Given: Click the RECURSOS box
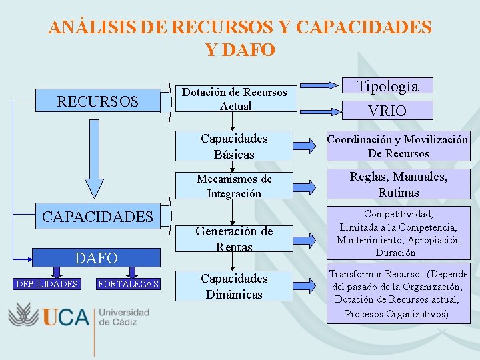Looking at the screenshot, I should click(97, 101).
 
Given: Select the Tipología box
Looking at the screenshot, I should click(387, 86).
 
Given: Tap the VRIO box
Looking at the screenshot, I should click(387, 111).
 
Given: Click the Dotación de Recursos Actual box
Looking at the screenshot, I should click(235, 99).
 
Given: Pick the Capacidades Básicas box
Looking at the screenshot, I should click(234, 146).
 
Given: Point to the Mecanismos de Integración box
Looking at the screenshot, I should click(234, 186).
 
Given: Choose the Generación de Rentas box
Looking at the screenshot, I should click(234, 239).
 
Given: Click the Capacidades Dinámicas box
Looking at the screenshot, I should click(234, 286).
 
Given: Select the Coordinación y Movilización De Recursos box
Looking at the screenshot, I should click(397, 146).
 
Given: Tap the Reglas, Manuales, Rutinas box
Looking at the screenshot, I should click(398, 185).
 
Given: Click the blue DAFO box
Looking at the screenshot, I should click(97, 257).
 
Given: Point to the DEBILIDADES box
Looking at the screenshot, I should click(47, 285).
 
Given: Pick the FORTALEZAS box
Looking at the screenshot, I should click(129, 285).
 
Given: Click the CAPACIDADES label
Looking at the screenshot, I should click(97, 217).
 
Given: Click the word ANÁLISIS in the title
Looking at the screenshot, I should click(93, 27).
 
